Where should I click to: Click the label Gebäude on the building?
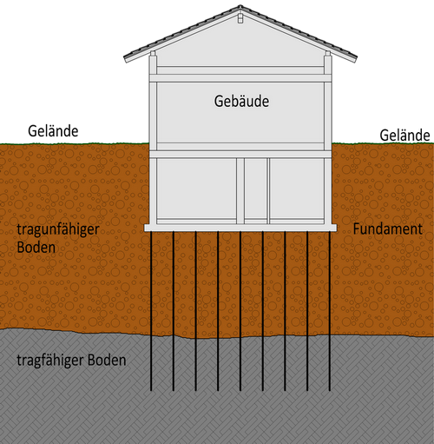point(241,102)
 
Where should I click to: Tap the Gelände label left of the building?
point(53,131)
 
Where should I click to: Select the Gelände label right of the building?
point(404,136)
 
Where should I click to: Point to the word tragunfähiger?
point(58,230)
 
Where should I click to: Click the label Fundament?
point(388,229)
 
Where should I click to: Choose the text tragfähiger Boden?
point(71,361)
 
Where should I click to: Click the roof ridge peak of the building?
point(240,5)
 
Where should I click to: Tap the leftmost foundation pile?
point(151,311)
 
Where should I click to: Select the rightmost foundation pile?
point(330,311)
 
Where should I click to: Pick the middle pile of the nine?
point(240,311)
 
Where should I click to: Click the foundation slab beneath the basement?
point(240,228)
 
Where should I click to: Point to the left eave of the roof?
point(126,58)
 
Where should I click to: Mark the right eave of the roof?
point(355,58)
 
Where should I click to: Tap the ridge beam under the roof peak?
point(240,17)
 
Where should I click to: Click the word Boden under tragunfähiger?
point(36,248)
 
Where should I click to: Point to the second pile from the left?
point(174,311)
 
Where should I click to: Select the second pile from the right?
point(307,311)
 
